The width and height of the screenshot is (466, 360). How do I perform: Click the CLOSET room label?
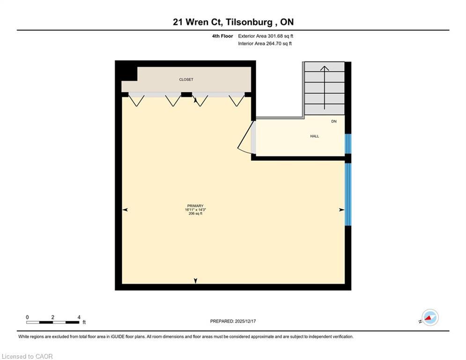click(x=186, y=80)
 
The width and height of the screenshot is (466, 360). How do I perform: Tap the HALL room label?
click(x=314, y=136)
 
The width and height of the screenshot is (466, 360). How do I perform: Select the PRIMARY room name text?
click(x=195, y=206)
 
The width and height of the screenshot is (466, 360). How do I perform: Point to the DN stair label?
click(x=334, y=121)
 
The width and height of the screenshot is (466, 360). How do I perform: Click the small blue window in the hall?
click(x=348, y=144)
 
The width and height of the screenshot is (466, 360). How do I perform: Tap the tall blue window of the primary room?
click(x=348, y=194)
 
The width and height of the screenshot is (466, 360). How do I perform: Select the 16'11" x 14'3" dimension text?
click(x=195, y=210)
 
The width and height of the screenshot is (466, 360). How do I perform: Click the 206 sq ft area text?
click(x=195, y=214)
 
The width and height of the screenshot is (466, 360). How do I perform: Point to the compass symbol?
click(x=429, y=317)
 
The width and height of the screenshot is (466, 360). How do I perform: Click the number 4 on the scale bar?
click(x=79, y=317)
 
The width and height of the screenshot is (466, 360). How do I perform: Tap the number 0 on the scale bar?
click(x=27, y=317)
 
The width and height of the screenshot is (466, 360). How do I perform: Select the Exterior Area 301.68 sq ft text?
click(x=266, y=36)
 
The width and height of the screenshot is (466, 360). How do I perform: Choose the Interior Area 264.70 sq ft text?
click(x=265, y=44)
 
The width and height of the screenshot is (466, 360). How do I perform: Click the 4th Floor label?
click(x=222, y=36)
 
